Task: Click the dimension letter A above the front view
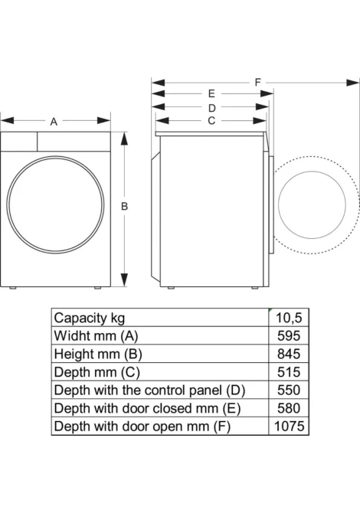coord(54,122)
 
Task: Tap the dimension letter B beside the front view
coord(124,207)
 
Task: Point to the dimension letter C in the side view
coord(211,121)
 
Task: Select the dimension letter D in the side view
coord(212,108)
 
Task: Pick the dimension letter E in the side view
coord(211,94)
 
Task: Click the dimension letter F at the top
coord(258,82)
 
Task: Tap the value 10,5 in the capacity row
coord(289,318)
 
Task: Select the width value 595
coord(289,336)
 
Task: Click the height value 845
coord(289,354)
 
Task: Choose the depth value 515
coord(289,372)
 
